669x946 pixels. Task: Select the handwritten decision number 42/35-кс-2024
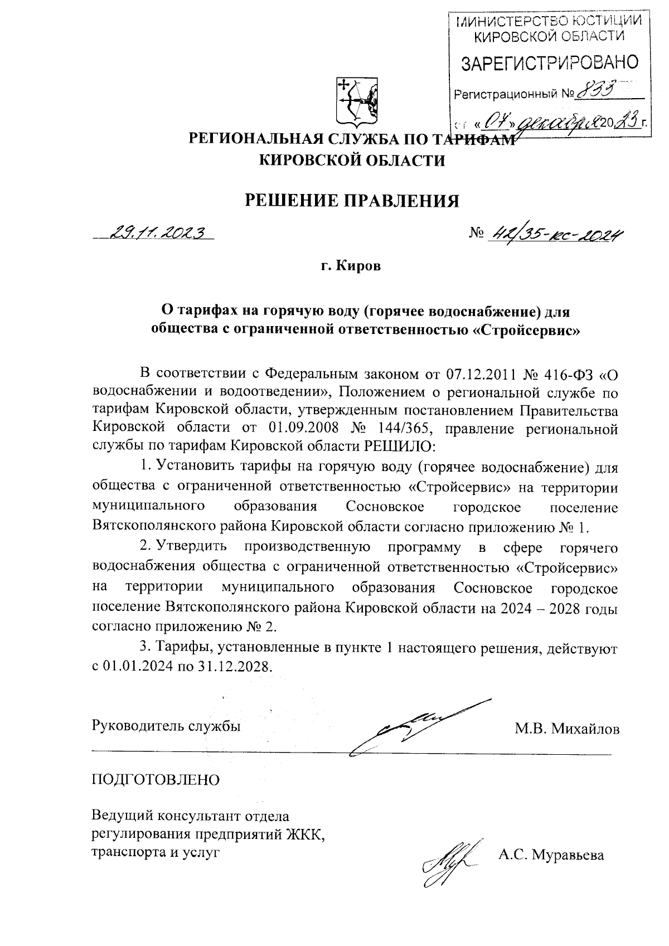(555, 237)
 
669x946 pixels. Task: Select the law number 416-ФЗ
(573, 372)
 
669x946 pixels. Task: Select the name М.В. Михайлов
(567, 728)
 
